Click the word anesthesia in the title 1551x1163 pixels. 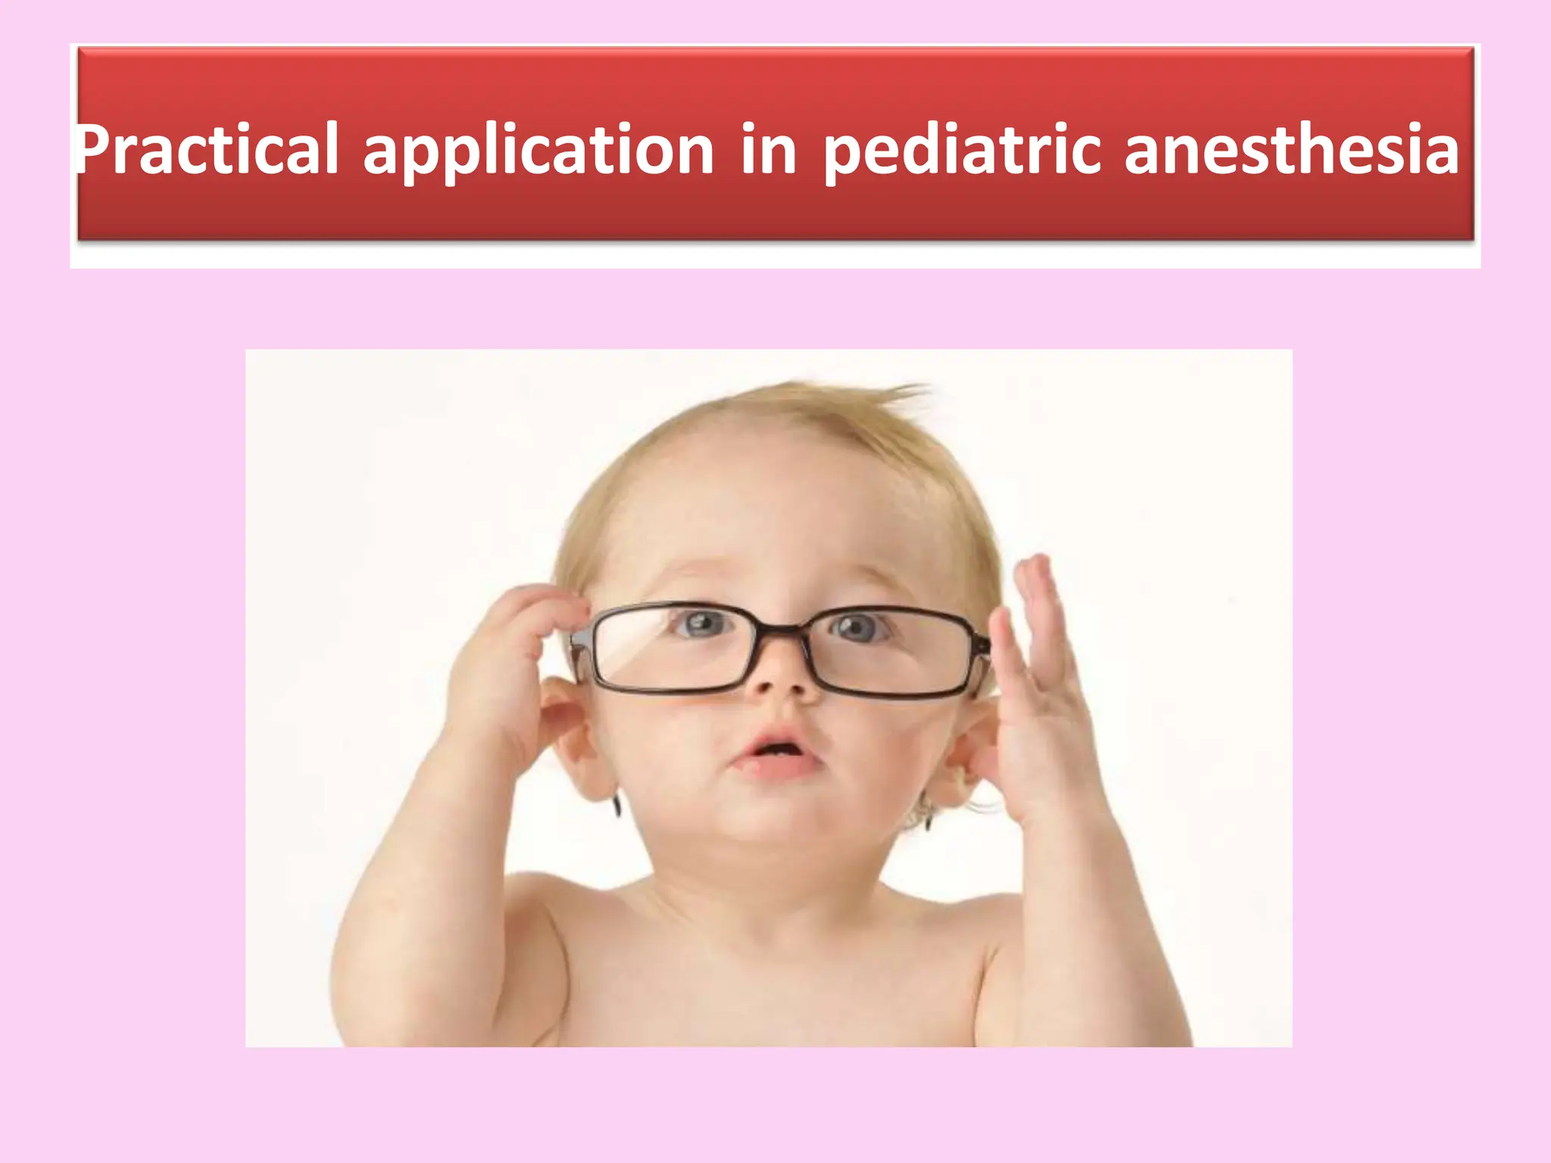pyautogui.click(x=1291, y=150)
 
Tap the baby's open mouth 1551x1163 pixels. pyautogui.click(x=773, y=750)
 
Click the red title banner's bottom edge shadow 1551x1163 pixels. pyautogui.click(x=775, y=239)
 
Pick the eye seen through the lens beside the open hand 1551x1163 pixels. pyautogui.click(x=857, y=628)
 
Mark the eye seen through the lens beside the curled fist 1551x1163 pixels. pyautogui.click(x=701, y=625)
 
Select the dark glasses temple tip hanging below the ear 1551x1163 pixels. pyautogui.click(x=619, y=803)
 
